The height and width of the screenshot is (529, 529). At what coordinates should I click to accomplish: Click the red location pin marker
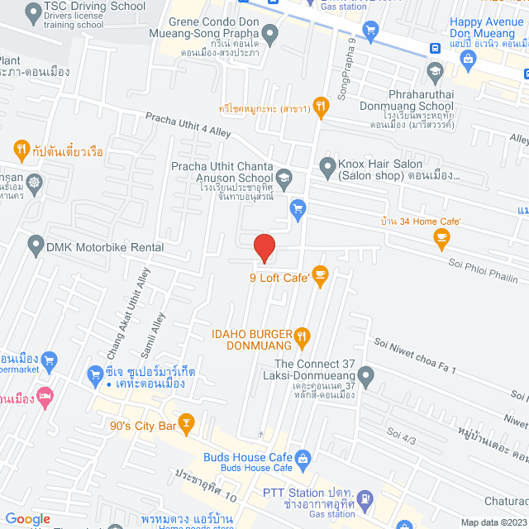(264, 246)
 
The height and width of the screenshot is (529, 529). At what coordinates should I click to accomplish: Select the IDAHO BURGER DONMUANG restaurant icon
(303, 336)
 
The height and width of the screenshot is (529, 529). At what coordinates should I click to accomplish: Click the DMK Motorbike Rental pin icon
(36, 245)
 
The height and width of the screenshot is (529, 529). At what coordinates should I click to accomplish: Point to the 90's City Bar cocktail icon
(187, 426)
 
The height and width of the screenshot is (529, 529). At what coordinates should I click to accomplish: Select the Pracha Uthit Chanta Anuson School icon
(284, 176)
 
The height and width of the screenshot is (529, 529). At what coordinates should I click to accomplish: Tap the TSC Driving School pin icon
(33, 12)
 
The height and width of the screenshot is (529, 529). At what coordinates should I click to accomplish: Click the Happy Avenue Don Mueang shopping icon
(469, 59)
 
